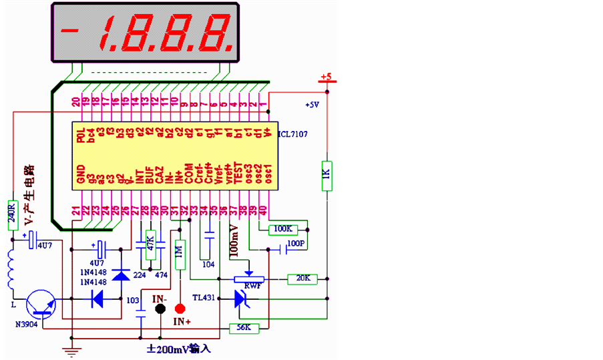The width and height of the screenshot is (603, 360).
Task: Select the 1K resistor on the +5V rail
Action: coord(327,175)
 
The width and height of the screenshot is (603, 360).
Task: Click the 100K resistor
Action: coord(282,229)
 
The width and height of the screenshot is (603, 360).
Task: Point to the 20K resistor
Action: coord(302,278)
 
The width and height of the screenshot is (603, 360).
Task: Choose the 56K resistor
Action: coord(243,328)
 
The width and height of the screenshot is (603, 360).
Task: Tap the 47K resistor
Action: coord(150,240)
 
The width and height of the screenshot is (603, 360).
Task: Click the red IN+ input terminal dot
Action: coord(179,309)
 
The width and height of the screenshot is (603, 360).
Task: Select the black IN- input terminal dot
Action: coord(160,309)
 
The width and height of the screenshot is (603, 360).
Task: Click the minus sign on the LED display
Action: coord(70,30)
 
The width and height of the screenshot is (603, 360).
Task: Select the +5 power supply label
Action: coord(327,77)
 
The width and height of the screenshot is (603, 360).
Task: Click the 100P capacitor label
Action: coord(295,244)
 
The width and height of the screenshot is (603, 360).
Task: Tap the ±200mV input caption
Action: coord(178,348)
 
